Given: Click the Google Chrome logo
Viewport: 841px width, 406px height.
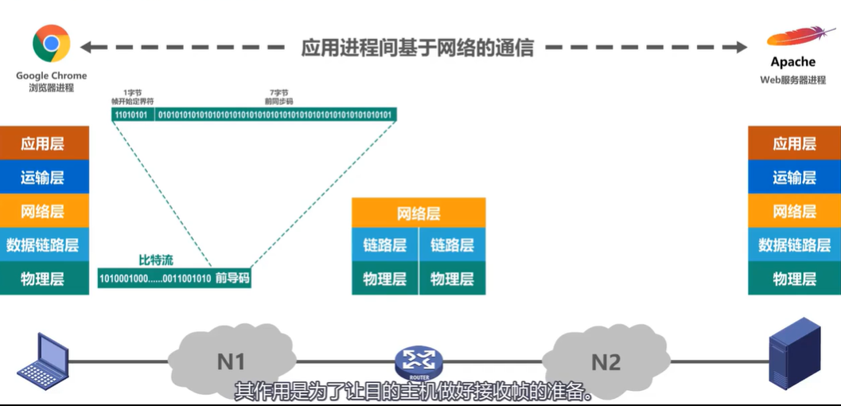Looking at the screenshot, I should coord(51,43).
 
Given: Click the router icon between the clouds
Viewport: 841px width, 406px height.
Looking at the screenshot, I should coord(419,362).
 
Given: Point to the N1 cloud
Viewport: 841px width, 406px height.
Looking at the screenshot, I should coord(230,361).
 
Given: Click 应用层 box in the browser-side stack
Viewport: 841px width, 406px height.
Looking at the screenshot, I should coord(43,143).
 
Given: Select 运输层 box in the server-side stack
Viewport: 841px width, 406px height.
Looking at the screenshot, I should coord(794,178).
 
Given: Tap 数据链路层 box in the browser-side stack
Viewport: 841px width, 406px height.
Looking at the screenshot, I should coord(43,245).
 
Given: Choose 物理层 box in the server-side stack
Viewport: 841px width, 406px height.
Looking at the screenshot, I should coord(794,279).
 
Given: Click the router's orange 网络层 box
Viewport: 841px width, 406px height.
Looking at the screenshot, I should coord(419,213).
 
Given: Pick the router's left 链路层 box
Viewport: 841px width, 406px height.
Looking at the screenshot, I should coord(385,245).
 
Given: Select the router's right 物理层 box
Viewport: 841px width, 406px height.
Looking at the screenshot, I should coord(452,279).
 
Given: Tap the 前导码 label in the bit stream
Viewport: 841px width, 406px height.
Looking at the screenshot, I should coord(232,279).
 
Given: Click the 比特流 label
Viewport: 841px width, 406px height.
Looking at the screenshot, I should coord(156,260).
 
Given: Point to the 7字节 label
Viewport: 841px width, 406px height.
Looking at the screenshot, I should coord(278,93).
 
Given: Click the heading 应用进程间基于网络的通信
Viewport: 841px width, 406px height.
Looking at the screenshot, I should coord(417,47).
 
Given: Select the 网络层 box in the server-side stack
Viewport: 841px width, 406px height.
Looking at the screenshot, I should coord(794,212).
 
